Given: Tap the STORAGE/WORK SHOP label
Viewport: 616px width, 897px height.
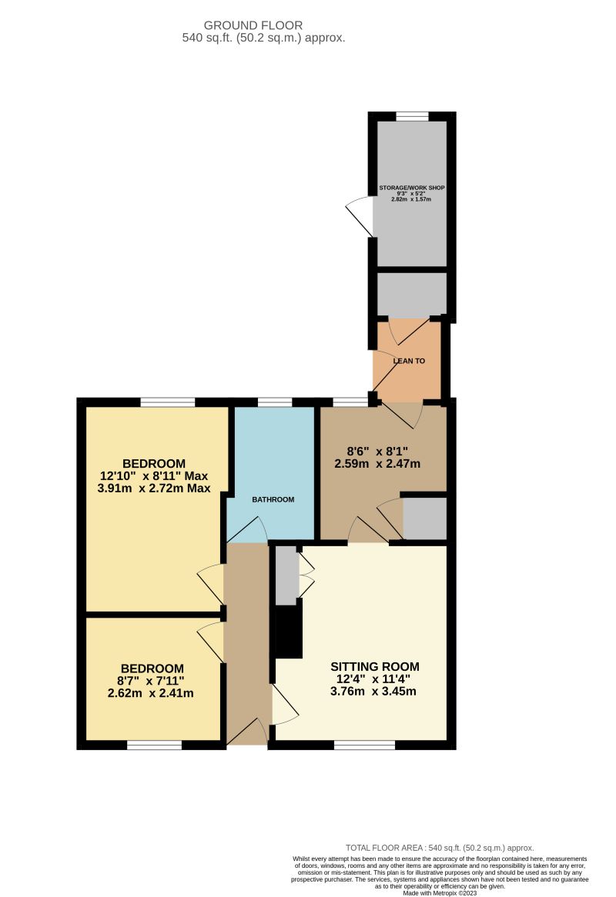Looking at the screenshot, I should tap(411, 188).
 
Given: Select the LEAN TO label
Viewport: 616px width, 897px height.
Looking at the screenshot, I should tap(409, 361).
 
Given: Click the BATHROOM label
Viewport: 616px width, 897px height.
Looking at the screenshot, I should tap(273, 500).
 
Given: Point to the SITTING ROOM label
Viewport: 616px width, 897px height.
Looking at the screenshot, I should tap(374, 666).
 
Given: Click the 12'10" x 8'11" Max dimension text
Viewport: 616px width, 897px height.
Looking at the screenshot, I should tap(154, 475).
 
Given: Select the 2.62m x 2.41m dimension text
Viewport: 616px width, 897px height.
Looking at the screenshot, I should tap(150, 692).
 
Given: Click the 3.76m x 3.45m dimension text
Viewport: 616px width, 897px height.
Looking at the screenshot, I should tap(373, 691).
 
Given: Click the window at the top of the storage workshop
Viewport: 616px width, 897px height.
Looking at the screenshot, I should tap(412, 116).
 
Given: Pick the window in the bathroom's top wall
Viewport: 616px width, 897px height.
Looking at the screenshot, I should tap(275, 402).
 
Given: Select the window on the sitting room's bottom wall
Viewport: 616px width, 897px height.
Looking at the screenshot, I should tap(364, 745).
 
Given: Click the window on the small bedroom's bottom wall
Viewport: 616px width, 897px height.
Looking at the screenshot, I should tap(154, 745).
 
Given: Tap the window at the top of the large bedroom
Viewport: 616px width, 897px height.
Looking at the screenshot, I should tap(167, 402).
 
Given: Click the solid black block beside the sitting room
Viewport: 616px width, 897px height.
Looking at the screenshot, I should tap(290, 631).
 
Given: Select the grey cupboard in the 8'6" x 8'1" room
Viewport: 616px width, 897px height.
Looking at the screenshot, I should tap(424, 519).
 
